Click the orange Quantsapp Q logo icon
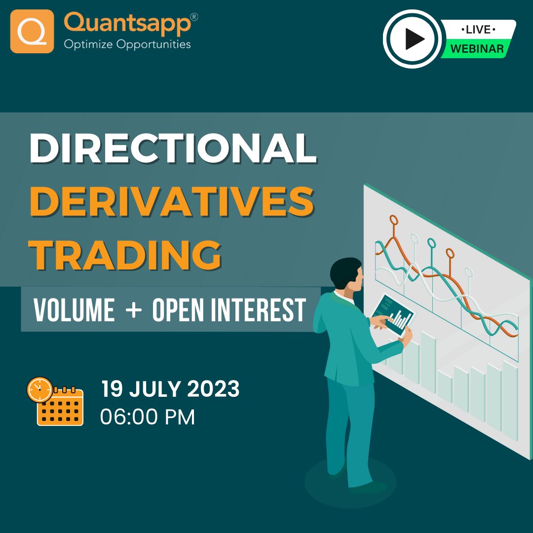click(x=32, y=31)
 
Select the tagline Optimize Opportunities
click(x=127, y=44)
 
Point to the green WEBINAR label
click(x=477, y=49)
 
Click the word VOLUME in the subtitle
click(x=74, y=310)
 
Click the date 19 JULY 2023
click(x=170, y=389)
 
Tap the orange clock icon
click(x=39, y=390)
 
